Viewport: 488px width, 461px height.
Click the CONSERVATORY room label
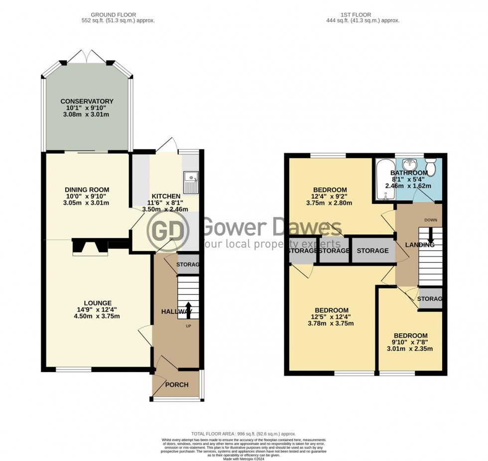tap(87, 101)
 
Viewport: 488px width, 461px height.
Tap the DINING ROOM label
tap(87, 190)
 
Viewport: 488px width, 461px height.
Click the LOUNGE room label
tap(97, 303)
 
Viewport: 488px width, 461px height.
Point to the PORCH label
tap(177, 384)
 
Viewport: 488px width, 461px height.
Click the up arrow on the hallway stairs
tap(189, 308)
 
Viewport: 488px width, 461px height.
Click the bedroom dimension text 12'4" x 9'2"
tap(329, 196)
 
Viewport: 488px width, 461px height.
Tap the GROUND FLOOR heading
tap(118, 15)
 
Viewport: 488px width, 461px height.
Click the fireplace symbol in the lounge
tap(90, 247)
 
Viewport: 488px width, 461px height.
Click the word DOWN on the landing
tap(430, 220)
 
